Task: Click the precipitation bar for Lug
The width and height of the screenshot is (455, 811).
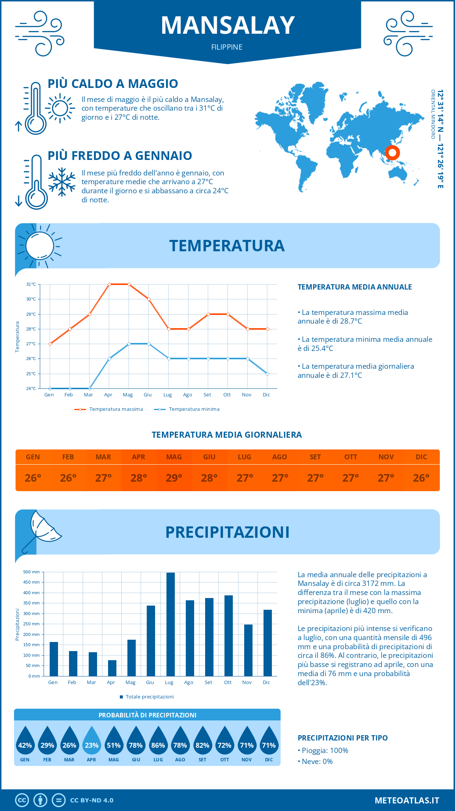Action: (171, 624)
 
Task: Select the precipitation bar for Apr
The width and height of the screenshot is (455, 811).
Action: (112, 668)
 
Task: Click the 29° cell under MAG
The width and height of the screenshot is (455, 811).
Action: (174, 478)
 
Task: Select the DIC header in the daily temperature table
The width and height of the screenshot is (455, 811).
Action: (421, 457)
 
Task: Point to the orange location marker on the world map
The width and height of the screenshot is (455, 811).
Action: (392, 153)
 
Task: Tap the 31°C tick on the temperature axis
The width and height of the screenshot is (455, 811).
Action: (31, 284)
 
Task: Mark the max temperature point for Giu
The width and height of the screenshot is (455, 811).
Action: (149, 299)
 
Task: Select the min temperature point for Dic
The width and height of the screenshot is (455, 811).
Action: (267, 374)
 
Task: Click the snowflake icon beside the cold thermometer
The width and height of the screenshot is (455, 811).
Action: (62, 182)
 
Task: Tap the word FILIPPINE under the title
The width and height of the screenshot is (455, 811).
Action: (227, 47)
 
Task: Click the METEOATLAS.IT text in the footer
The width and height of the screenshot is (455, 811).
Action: (407, 800)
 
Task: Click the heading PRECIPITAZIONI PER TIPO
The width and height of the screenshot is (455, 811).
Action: (342, 738)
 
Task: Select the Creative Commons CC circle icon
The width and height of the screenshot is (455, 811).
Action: (22, 800)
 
